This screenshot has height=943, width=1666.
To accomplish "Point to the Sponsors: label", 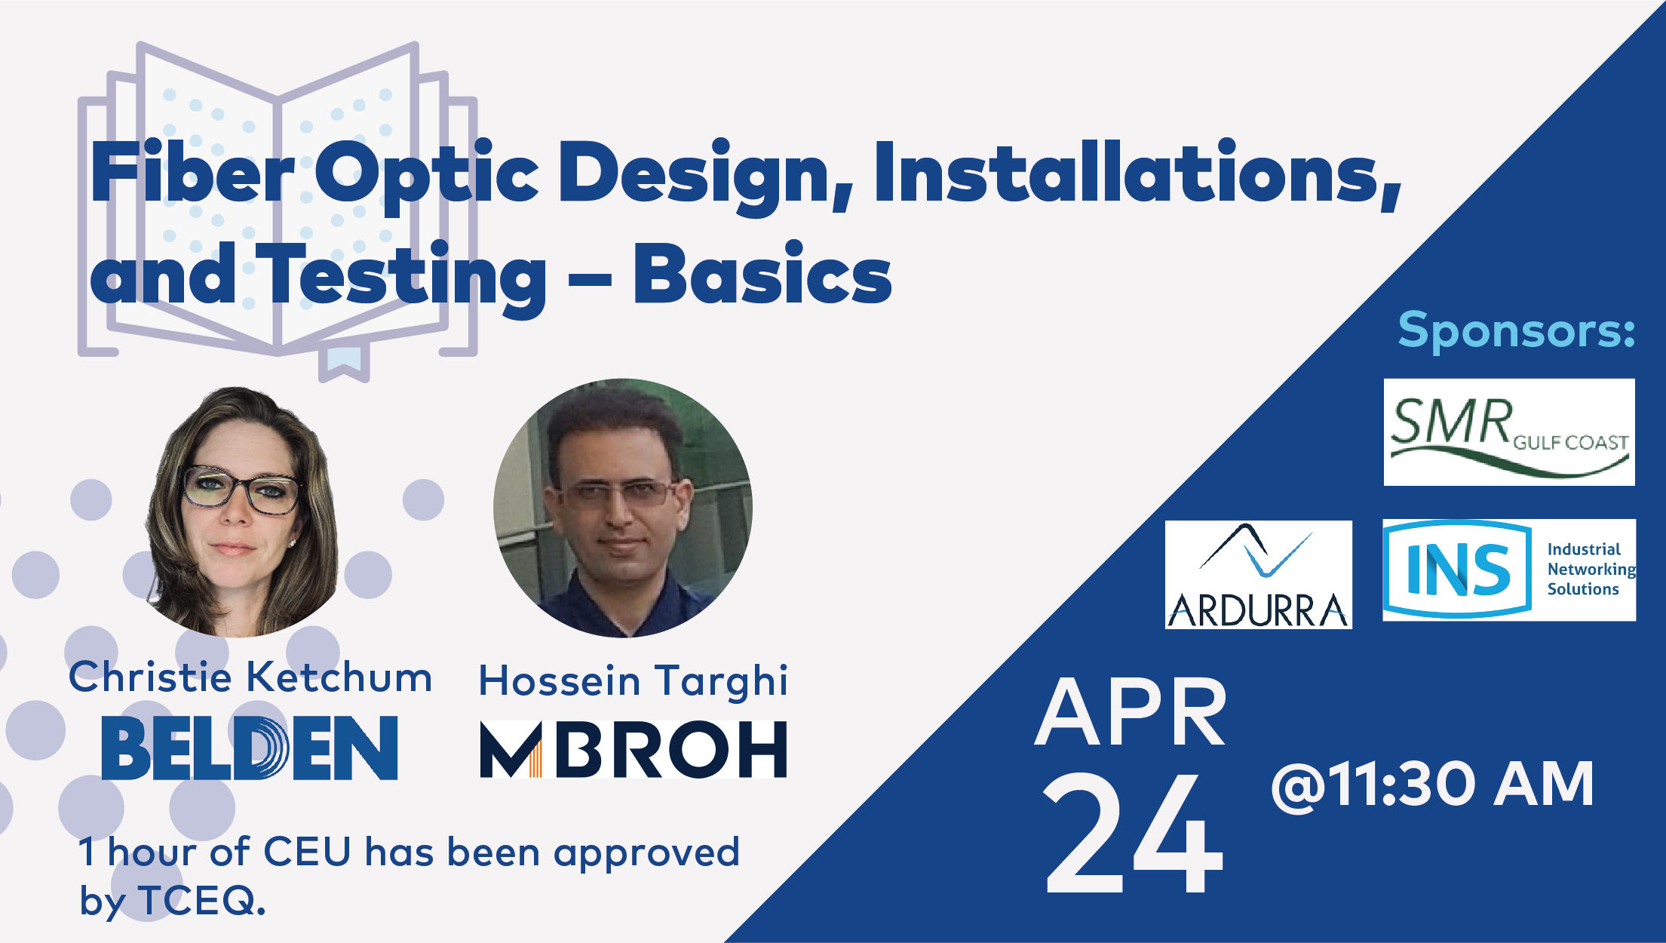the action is click(1517, 330).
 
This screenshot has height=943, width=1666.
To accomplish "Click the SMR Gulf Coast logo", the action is click(1509, 432).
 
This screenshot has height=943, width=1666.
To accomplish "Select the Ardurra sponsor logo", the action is click(1258, 575).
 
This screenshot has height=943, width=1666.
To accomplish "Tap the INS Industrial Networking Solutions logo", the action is click(1509, 570).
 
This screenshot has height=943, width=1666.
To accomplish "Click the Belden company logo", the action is click(250, 747).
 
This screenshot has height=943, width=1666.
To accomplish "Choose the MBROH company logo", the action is click(634, 749).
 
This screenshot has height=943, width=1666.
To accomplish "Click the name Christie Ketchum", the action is click(250, 677).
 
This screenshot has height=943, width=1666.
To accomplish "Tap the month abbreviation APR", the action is click(1131, 712).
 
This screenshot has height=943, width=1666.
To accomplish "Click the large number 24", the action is click(1134, 834).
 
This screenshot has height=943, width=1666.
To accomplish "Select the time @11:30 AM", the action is click(1432, 785).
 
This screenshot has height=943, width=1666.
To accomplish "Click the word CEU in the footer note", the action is click(308, 852).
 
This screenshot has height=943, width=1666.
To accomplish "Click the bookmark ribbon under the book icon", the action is click(344, 361).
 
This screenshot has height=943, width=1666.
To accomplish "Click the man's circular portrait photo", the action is click(623, 508).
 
